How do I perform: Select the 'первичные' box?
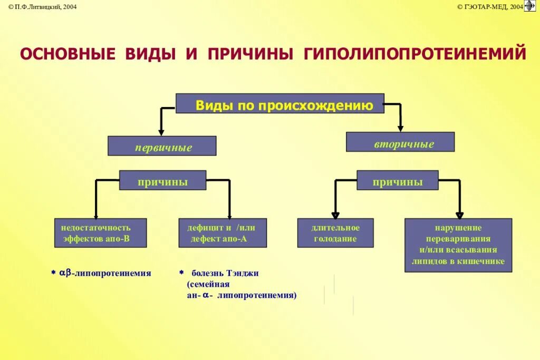coord(162,146)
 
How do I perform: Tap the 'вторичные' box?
coord(400,142)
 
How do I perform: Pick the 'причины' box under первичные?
coord(162,180)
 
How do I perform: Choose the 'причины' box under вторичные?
coord(397,180)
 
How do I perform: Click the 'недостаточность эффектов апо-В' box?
coord(100,233)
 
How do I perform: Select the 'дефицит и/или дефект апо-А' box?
coord(223,233)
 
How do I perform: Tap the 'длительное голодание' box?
coord(335,233)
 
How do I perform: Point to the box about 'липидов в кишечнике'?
coord(458,245)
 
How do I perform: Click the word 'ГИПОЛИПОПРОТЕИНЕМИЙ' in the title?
coord(414,54)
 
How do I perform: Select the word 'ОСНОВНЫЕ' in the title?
coord(67,54)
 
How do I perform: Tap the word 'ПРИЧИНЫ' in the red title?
coord(250,54)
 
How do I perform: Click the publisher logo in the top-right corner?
coord(530,6)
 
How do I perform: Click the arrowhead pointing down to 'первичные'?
coord(161,131)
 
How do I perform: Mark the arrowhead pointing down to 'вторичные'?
coord(400,127)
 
